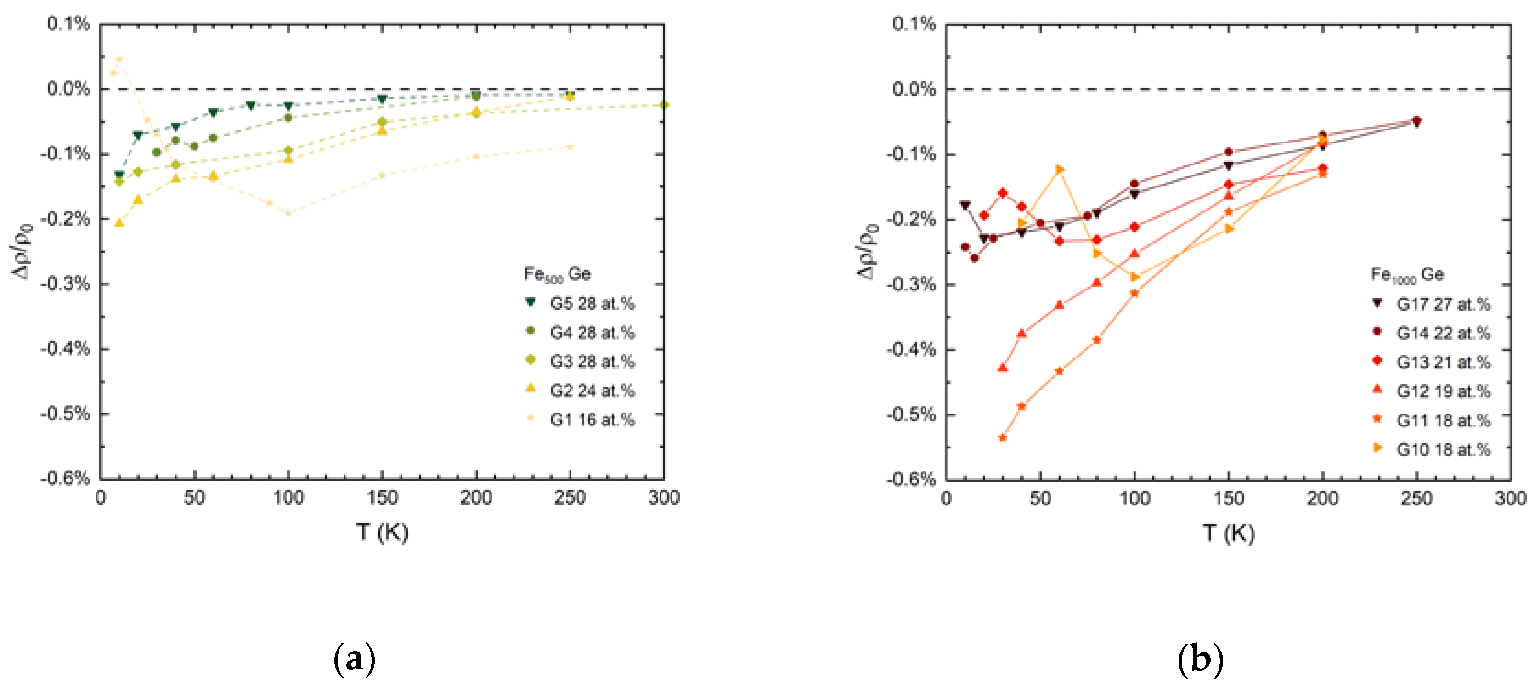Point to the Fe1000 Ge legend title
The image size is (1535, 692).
(1407, 275)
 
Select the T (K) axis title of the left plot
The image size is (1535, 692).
(383, 532)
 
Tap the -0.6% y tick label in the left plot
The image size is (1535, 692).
(66, 478)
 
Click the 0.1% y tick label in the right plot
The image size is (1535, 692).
(914, 24)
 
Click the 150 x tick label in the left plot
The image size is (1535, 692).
(382, 497)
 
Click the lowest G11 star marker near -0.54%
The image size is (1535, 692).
(1002, 438)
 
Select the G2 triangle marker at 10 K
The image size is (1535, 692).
(119, 223)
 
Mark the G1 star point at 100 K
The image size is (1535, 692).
(288, 213)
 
